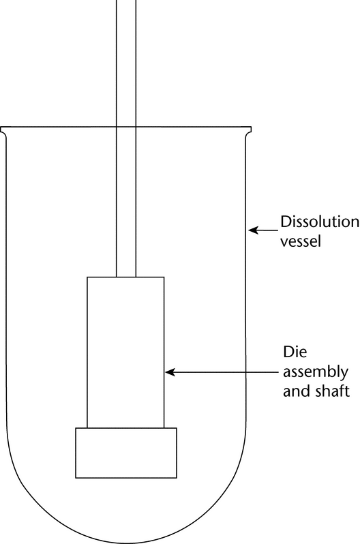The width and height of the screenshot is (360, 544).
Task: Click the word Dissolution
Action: point(319,222)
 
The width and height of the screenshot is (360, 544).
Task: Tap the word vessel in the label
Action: point(300,241)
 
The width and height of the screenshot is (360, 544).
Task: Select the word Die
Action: point(295,352)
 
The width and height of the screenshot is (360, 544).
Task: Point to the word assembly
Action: point(316,373)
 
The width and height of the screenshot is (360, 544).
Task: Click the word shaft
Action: point(332,391)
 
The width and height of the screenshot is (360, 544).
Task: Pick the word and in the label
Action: point(297,391)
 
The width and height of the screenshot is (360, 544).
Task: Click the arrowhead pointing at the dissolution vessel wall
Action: point(254,230)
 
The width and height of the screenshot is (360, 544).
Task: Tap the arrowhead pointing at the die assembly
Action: point(170,372)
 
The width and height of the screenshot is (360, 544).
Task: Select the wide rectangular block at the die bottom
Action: point(126,453)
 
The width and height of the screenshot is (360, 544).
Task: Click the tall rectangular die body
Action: point(125,352)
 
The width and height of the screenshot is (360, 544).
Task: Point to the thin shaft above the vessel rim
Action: point(126,63)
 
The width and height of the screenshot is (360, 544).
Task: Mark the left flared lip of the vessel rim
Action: point(3,131)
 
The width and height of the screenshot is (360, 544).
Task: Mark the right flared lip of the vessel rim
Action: point(248,131)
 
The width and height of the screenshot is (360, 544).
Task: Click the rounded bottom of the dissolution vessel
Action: point(126,543)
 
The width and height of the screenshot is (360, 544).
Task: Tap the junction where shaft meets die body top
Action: point(126,277)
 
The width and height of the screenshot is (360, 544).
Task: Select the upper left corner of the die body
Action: point(87,277)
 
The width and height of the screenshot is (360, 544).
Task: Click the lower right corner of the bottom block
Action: point(177,478)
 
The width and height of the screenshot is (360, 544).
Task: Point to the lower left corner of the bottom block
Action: point(76,478)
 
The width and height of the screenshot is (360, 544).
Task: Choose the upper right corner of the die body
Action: point(164,277)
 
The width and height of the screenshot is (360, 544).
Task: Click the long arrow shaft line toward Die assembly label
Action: point(222,372)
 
